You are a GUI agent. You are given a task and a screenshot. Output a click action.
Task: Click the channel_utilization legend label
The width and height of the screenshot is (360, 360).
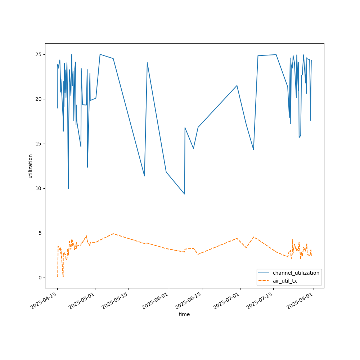pos(296,273)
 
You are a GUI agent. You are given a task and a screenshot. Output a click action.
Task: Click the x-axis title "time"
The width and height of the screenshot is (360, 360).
pos(184,314)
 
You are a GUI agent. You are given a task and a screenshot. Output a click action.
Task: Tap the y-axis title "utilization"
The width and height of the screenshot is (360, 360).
pos(31,166)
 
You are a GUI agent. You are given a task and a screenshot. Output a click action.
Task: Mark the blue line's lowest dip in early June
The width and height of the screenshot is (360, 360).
pos(184,194)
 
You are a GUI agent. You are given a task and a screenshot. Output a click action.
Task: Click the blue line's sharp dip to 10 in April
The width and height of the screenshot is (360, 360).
pos(68,188)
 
